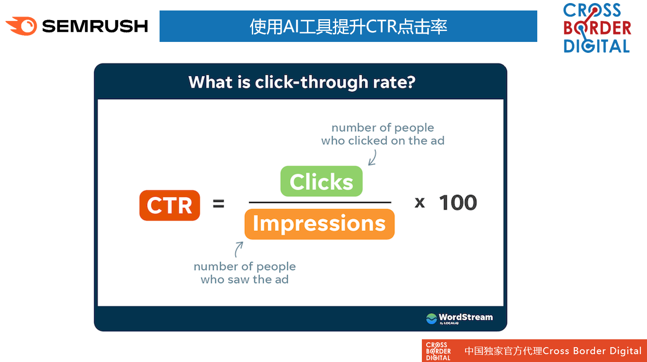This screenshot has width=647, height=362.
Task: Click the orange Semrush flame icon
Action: point(22,26)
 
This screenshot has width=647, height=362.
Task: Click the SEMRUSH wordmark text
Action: point(95,26)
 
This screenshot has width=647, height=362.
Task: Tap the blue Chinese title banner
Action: point(348,26)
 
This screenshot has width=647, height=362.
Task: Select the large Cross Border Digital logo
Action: point(597,28)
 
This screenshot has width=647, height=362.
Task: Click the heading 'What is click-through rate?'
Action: point(302,82)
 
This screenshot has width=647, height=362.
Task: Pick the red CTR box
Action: point(170,205)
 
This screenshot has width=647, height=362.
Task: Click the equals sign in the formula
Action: point(219,203)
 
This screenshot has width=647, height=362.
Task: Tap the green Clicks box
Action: point(321,181)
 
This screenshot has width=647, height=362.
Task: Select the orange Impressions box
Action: point(320,224)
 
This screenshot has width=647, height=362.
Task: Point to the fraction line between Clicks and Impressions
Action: point(320,203)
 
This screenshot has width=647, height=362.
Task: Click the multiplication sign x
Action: point(420,203)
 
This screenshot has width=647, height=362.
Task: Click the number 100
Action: point(458,203)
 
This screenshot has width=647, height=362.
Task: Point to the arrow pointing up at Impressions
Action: point(237,249)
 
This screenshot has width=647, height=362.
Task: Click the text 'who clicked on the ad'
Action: point(383,141)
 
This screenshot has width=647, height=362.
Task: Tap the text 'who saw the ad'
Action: point(245,279)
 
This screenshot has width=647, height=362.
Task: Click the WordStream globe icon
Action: point(431,319)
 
